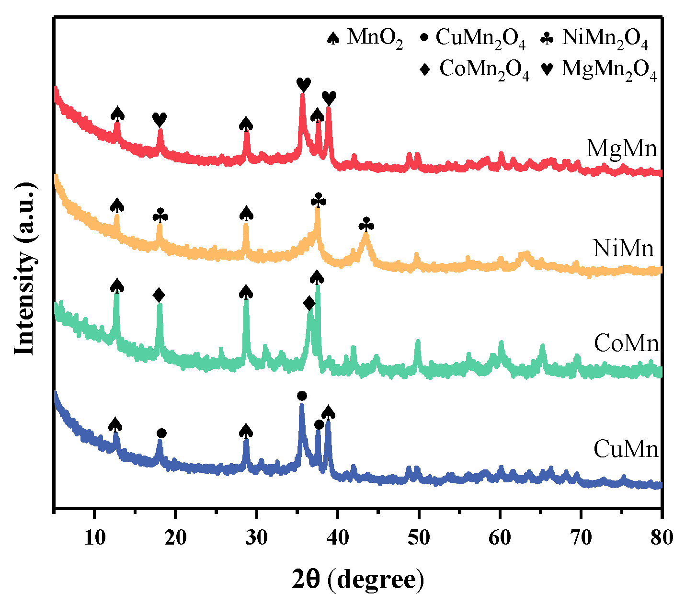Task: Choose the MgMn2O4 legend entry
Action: click(599, 69)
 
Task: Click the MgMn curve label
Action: click(622, 148)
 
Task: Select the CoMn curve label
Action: click(627, 343)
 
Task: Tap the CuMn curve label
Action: click(626, 449)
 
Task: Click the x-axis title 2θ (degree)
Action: click(358, 580)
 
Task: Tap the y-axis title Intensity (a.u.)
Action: click(25, 268)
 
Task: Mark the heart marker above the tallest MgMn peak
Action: click(303, 85)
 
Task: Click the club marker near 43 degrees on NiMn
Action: click(366, 224)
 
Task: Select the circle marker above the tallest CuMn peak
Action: click(302, 396)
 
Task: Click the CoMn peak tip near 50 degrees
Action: click(418, 341)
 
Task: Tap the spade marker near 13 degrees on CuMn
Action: click(115, 424)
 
